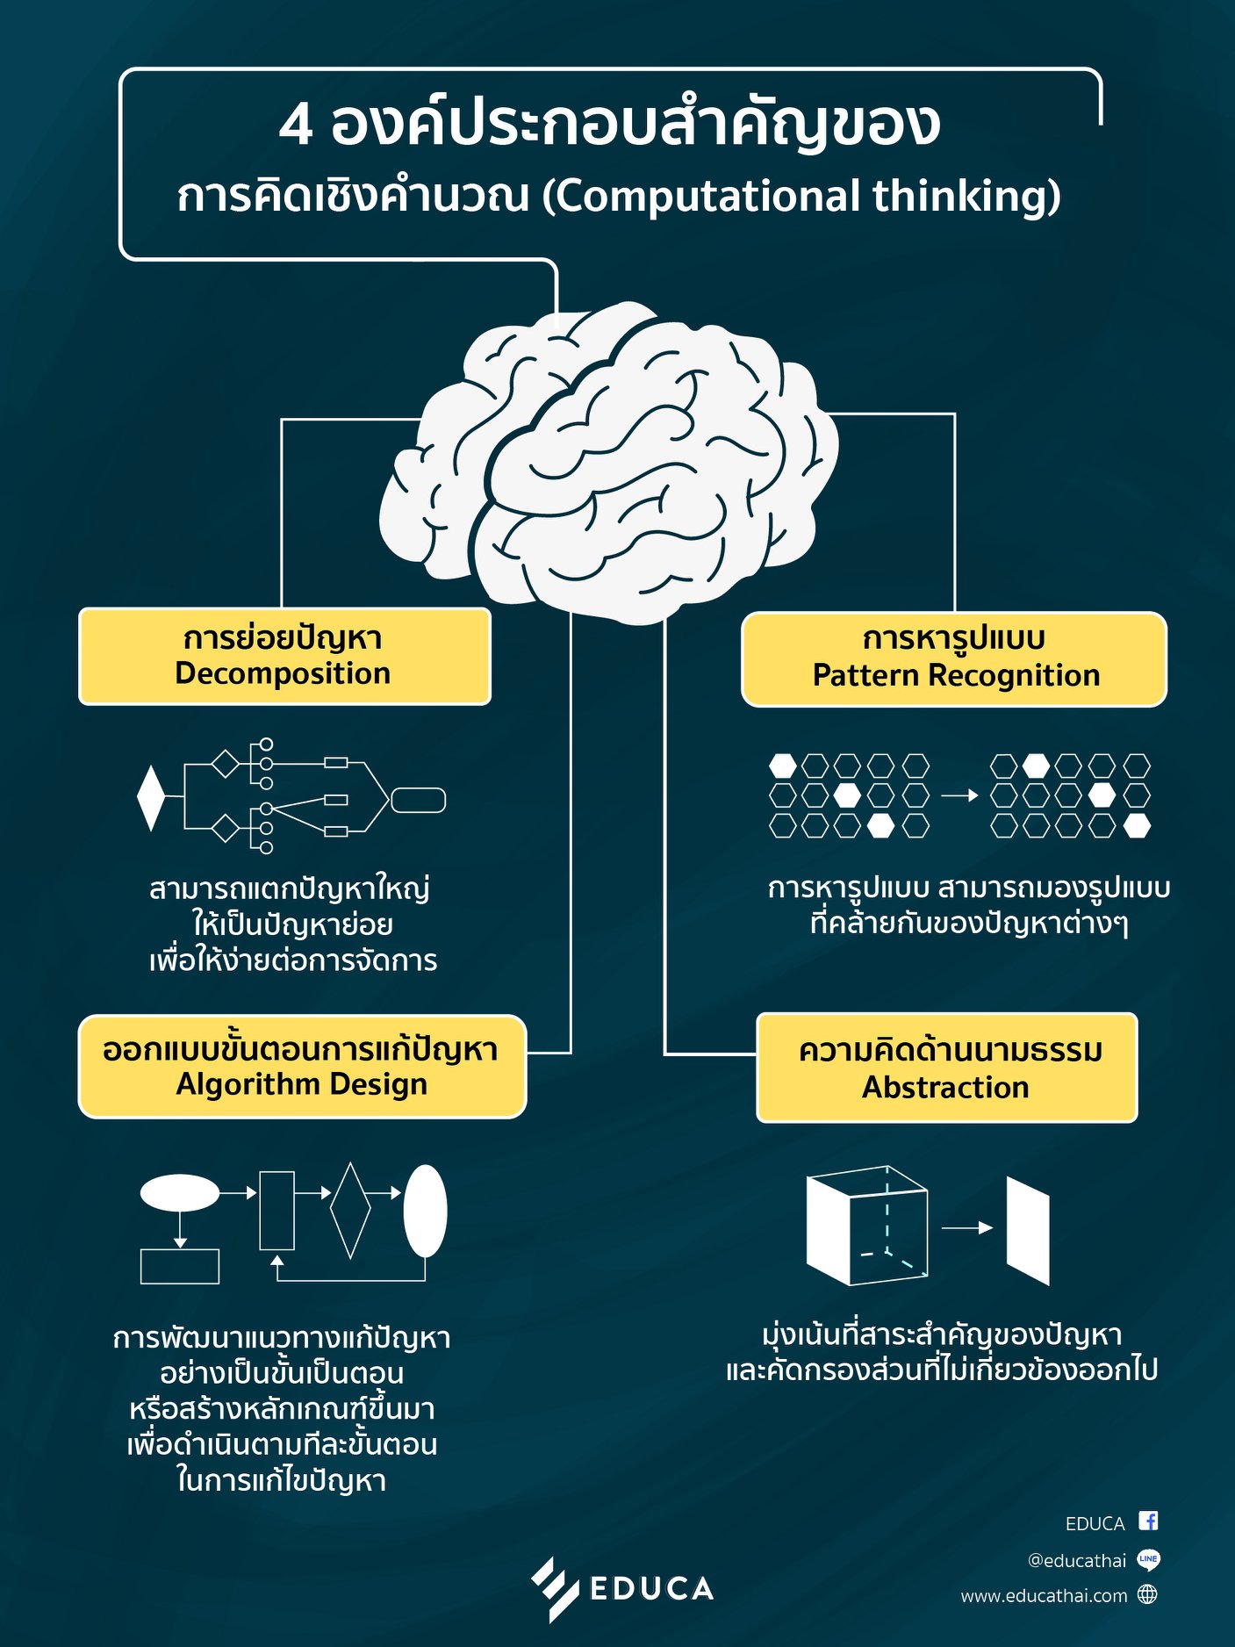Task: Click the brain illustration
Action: click(x=608, y=463)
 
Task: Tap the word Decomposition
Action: click(x=283, y=673)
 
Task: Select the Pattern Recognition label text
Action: click(x=956, y=675)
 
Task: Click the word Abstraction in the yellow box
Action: click(x=945, y=1087)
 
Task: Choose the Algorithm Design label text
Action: click(x=302, y=1085)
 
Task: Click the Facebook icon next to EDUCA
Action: click(x=1148, y=1521)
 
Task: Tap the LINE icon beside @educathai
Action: click(x=1148, y=1559)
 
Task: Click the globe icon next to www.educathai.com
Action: click(x=1147, y=1594)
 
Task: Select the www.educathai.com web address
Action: click(x=1044, y=1596)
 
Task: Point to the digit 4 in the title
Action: click(x=296, y=125)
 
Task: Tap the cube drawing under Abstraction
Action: click(x=867, y=1226)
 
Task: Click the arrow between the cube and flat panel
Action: click(x=967, y=1228)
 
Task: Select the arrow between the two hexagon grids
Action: click(x=959, y=795)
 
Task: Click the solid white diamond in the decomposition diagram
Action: click(x=151, y=798)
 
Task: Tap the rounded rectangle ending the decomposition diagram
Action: click(x=418, y=801)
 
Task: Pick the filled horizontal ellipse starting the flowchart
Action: click(x=180, y=1193)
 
